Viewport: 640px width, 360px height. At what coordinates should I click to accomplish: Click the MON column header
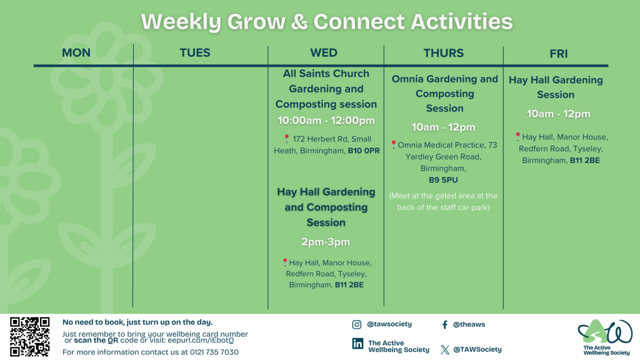pos(76,53)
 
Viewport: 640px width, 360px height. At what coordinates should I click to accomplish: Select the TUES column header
pos(195,53)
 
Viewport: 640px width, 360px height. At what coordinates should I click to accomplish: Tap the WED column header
pos(324,53)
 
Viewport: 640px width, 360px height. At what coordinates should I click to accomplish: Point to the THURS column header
pos(443,53)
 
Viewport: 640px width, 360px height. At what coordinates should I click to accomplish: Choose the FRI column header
pos(558,54)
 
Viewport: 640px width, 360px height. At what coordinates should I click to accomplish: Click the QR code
pos(30,337)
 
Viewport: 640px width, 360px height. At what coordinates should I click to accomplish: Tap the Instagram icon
pos(356,324)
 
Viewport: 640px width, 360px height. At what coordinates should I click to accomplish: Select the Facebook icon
pos(444,324)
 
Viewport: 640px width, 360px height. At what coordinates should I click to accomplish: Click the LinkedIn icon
pos(357,344)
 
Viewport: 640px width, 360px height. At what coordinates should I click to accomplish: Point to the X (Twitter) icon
pos(445,349)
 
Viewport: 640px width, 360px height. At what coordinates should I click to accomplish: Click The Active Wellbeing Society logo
pos(606,337)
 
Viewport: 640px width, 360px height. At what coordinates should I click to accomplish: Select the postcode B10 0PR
pos(364,151)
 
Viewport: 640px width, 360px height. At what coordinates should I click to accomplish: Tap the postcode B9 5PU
pos(443,180)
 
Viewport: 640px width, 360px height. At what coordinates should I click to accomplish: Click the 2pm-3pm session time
pos(325,242)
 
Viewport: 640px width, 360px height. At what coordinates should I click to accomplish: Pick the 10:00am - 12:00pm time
pos(326,121)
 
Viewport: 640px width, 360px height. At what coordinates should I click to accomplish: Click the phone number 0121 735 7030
pos(214,352)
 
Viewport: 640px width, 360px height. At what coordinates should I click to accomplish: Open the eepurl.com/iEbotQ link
pos(201,341)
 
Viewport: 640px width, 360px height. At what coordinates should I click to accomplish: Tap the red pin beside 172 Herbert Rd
pos(286,138)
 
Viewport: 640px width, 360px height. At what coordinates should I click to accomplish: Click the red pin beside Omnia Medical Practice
pos(394,144)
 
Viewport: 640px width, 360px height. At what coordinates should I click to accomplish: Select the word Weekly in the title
pos(181,22)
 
